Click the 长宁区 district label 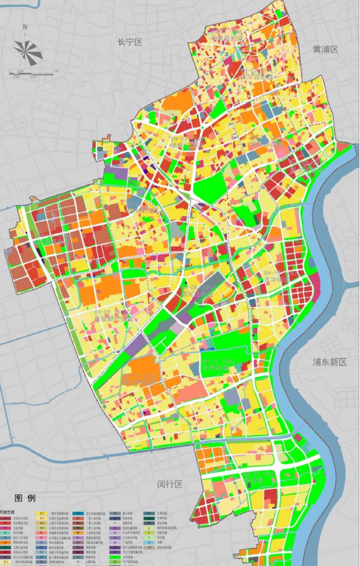pos(129,42)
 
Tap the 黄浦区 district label pos(326,50)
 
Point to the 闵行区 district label pos(168,485)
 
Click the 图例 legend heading pos(24,498)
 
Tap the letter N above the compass pos(25,28)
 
